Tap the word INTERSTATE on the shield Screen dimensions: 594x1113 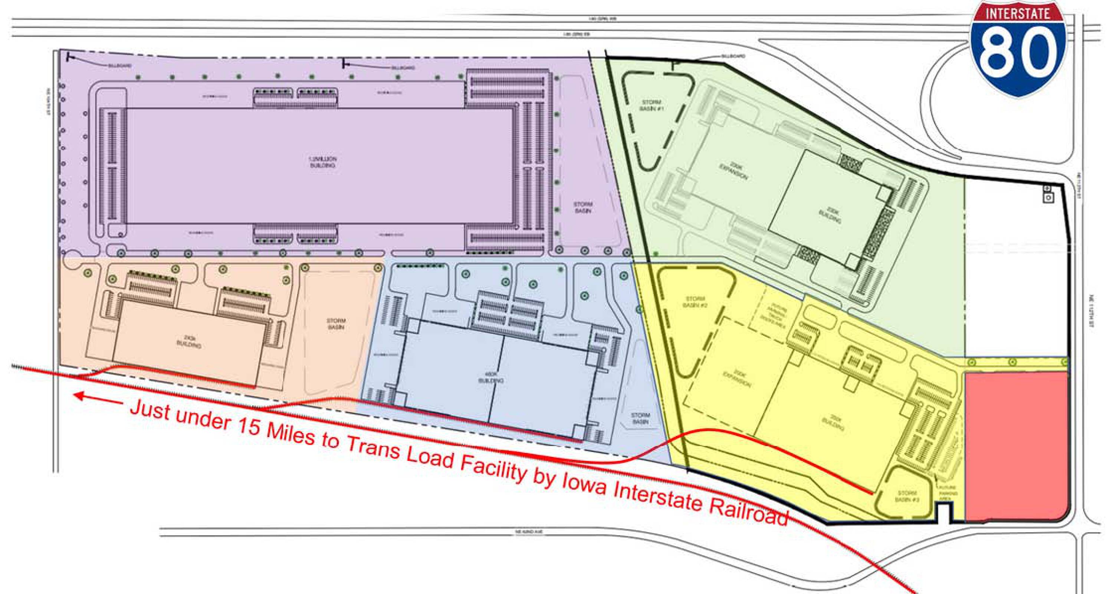1018,13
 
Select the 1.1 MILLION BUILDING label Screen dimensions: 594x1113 322,162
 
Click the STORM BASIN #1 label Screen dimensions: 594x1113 651,105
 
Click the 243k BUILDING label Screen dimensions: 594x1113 189,341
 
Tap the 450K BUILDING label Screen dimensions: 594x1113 491,377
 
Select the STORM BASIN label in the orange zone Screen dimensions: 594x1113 336,324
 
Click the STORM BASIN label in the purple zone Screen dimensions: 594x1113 583,207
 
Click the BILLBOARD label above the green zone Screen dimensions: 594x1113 733,56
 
